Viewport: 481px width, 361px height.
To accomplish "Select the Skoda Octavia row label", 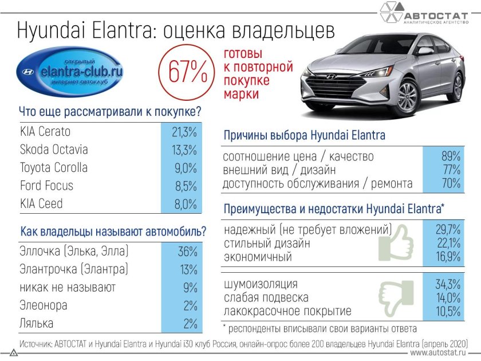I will coord(54,150).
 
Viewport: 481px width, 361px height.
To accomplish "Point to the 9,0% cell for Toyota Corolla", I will coord(184,168).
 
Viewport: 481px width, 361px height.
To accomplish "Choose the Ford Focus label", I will coord(46,186).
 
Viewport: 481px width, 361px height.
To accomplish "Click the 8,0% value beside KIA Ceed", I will coord(184,204).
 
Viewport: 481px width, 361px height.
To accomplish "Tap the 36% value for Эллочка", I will coord(187,252).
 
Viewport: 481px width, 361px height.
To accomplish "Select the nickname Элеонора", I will coord(44,305).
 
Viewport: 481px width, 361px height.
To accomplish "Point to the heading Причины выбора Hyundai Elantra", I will coord(303,136).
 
